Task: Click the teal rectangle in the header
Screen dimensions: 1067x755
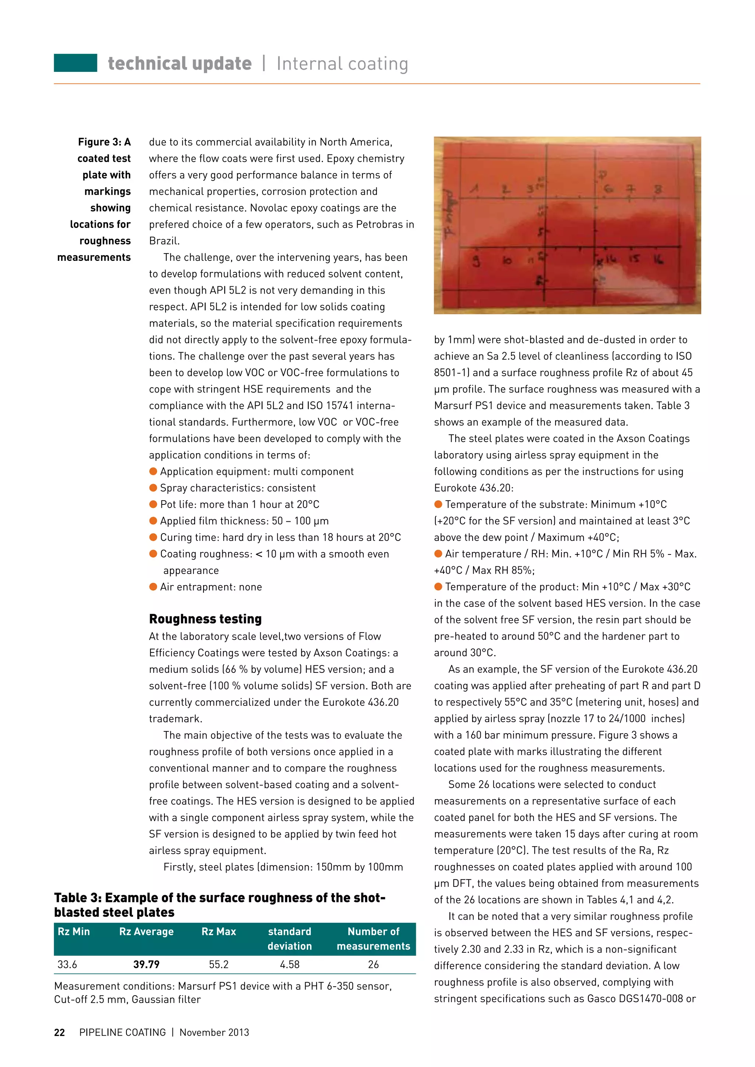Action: [75, 63]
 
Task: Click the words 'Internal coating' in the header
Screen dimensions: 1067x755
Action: [342, 64]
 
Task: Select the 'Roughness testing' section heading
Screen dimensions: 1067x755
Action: [205, 619]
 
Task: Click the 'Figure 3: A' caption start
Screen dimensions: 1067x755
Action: [104, 142]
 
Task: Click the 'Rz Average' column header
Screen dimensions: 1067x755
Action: [146, 931]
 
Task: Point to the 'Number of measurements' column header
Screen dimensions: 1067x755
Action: [373, 938]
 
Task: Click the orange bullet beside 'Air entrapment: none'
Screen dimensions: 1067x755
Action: [153, 587]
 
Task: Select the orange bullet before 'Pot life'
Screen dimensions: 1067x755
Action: [153, 504]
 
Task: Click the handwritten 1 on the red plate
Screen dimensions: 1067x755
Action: [474, 189]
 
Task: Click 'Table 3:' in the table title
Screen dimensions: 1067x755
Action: [77, 898]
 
